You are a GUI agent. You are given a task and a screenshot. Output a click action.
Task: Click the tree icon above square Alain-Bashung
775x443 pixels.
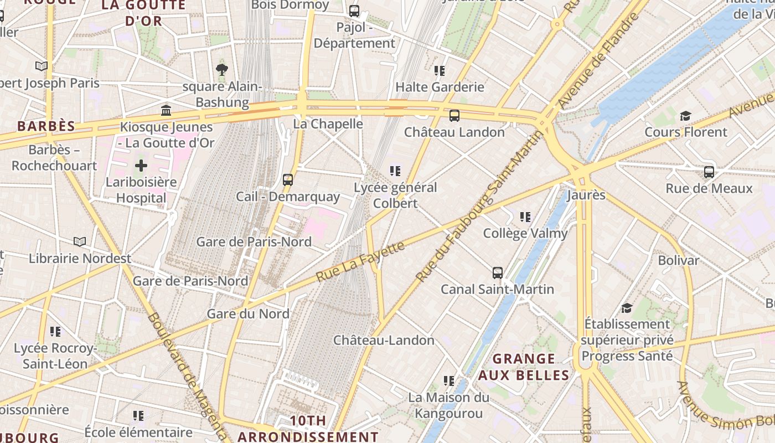222,70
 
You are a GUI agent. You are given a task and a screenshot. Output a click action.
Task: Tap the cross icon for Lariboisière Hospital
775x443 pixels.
141,166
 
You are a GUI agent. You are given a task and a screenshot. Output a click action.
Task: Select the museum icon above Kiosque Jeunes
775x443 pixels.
166,110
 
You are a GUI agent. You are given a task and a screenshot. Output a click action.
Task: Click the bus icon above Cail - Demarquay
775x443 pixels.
288,180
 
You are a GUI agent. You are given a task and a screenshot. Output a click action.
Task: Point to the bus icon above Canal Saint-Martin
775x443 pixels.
498,272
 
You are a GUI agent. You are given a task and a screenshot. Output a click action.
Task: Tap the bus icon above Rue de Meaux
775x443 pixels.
709,172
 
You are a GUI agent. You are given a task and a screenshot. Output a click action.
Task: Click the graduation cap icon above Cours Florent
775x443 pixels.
686,116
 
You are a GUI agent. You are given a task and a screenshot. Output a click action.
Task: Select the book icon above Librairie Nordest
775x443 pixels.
80,242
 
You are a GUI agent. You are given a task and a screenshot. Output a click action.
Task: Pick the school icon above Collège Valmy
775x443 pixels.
525,217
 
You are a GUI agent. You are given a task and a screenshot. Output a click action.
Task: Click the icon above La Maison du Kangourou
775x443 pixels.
449,381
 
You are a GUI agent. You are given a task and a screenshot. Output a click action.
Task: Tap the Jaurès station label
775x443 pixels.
586,195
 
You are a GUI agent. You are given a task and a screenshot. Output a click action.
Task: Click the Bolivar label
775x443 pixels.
679,260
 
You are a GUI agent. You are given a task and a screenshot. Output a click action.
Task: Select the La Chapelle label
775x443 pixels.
328,124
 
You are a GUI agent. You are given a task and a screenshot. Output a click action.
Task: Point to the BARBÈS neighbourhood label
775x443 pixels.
46,126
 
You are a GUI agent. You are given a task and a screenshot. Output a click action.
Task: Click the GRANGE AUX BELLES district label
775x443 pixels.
523,367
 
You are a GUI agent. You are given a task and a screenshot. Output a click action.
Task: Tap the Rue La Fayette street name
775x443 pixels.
360,261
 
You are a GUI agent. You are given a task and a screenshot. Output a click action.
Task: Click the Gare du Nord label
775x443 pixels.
248,314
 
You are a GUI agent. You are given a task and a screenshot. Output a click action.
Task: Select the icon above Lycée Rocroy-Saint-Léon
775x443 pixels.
55,332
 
